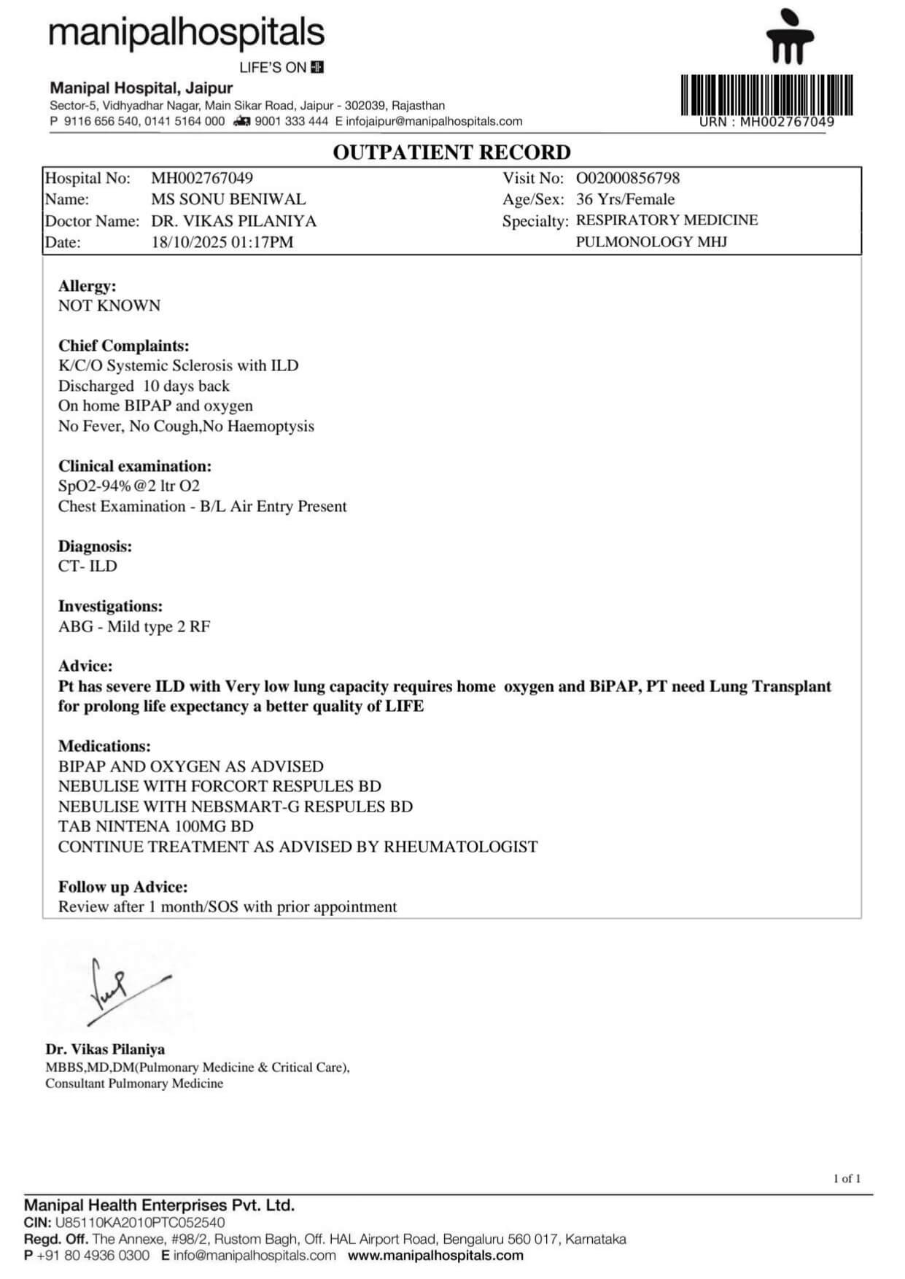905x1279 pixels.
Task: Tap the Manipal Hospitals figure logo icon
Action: [790, 36]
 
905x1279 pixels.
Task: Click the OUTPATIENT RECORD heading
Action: [451, 152]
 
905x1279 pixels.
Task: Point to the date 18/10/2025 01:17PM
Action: [222, 242]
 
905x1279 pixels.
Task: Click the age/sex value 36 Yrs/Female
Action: [625, 199]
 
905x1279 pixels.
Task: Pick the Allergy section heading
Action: [87, 286]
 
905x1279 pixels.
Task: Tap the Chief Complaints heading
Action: [123, 346]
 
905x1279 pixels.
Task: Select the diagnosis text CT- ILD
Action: [88, 566]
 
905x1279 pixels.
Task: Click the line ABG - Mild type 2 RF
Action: [134, 626]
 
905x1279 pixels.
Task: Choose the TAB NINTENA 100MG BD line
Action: [156, 826]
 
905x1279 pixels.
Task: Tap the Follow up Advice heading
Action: [123, 887]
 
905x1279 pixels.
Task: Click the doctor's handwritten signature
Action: [120, 988]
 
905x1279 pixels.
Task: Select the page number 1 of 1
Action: [847, 1178]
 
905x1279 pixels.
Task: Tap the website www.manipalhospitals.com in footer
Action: [435, 1256]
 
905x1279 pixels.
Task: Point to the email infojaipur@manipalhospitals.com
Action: [434, 121]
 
